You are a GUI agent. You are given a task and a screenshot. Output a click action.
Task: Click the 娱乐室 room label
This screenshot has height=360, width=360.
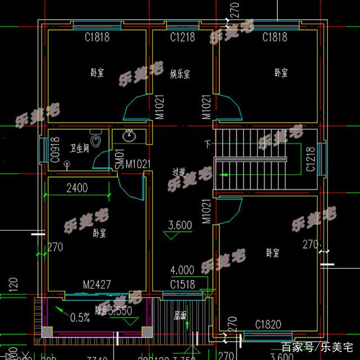pos(180,73)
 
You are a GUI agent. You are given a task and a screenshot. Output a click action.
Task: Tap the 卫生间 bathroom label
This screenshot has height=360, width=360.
pos(79,148)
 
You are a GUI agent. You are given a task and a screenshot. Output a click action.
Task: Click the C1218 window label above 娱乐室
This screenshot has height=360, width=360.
pos(182,38)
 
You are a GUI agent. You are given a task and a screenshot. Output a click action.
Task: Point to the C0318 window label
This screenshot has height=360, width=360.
pos(54,150)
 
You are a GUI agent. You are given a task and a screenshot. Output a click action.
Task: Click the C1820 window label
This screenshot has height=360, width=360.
pos(268,325)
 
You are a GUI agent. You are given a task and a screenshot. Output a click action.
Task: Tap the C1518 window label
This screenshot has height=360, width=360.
pos(183,285)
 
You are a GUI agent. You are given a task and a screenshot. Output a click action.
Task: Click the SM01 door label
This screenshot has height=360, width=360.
pos(119,159)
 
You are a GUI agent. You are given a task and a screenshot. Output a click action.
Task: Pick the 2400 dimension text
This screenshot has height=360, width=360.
pos(77,188)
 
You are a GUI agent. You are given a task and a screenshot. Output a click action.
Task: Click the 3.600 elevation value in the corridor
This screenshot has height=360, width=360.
pos(181,226)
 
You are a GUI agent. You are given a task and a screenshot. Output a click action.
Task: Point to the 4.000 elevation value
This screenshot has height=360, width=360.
pos(182,269)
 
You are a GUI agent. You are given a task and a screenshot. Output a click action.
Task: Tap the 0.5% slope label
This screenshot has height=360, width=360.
pos(80,317)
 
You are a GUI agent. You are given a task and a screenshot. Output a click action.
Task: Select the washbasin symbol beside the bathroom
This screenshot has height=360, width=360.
pos(129,136)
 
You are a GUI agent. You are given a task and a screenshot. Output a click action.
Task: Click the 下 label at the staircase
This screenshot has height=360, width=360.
pos(209,144)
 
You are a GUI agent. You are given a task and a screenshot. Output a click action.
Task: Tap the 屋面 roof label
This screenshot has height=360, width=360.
pos(180,316)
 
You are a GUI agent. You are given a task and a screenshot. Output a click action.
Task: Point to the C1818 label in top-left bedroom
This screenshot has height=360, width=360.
pos(97,38)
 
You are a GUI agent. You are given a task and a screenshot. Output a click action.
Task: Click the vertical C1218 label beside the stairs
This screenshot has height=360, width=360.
pos(310,159)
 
